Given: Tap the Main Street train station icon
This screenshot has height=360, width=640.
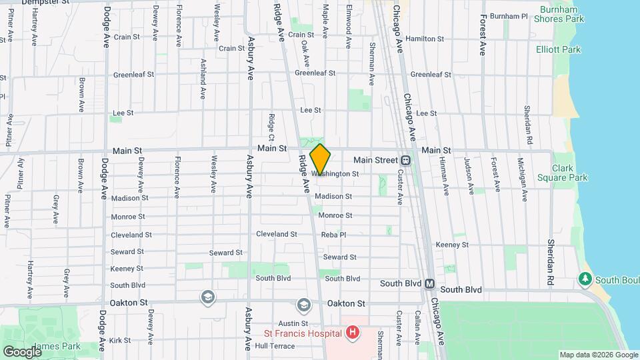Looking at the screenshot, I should [x=405, y=161].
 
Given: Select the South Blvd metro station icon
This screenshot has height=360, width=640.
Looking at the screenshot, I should [x=430, y=283].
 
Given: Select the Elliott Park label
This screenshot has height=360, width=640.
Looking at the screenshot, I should [x=558, y=49].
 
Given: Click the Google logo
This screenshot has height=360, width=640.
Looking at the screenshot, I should [x=21, y=351].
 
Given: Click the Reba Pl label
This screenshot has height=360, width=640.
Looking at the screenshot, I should [x=333, y=235].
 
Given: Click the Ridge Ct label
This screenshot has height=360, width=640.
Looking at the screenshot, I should [x=271, y=127].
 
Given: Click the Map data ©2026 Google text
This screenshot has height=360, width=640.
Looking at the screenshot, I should [x=598, y=355].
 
